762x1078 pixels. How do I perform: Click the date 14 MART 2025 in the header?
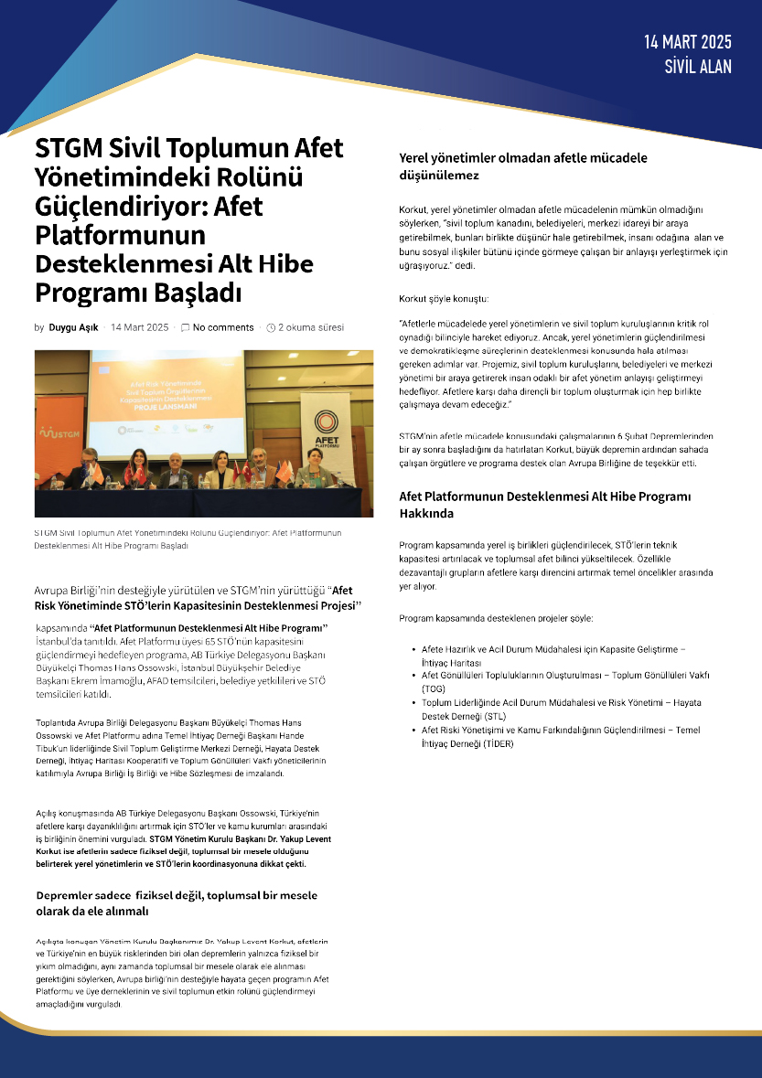[688, 42]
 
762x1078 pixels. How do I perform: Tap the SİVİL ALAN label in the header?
[698, 65]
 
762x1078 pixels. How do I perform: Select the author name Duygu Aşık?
[74, 327]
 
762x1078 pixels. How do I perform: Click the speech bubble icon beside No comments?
[186, 327]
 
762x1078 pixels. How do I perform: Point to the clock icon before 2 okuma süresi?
[271, 327]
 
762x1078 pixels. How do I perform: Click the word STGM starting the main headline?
[69, 148]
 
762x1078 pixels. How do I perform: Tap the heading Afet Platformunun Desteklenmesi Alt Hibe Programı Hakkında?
[544, 505]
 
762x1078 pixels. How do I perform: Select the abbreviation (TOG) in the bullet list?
[433, 688]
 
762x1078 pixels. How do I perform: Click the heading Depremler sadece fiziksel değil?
[177, 902]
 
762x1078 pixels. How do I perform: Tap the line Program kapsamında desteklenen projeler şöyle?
[496, 619]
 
